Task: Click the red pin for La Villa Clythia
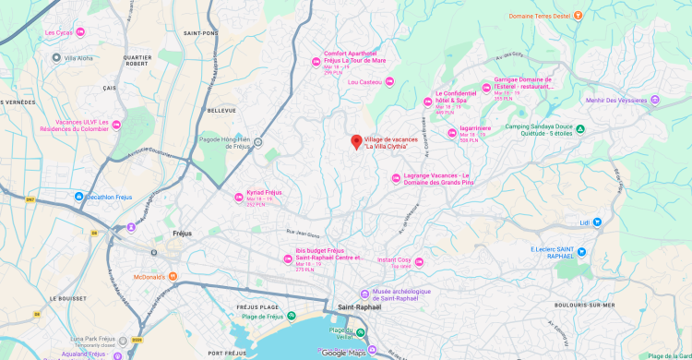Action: [355, 141]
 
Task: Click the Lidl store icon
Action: [597, 222]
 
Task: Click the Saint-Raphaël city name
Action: [359, 306]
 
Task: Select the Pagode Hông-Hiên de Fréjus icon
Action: [258, 142]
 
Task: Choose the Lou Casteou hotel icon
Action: [389, 82]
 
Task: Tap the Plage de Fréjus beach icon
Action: [292, 317]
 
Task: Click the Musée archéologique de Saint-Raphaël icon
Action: [364, 295]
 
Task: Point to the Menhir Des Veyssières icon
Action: [655, 100]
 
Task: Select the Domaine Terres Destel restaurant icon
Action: [578, 15]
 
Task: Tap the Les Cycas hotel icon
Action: [80, 33]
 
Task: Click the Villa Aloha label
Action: [81, 58]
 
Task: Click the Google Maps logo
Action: [344, 353]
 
